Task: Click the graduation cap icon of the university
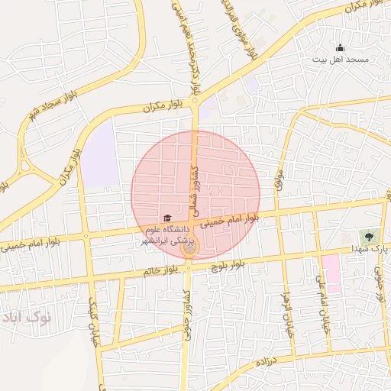pyautogui.click(x=168, y=218)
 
